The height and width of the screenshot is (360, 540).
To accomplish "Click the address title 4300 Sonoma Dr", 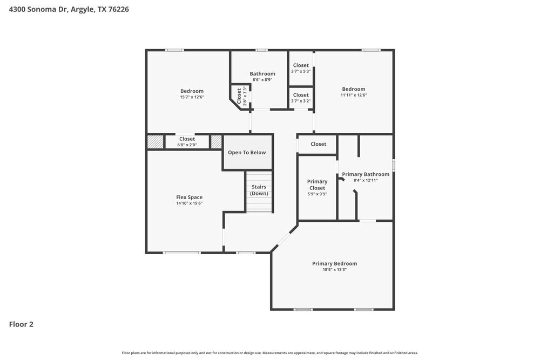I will pos(69,9).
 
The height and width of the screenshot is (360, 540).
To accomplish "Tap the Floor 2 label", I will pos(21,324).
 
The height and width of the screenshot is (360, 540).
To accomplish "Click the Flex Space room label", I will pos(189,198).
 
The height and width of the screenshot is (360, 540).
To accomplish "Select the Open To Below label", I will pos(247,153).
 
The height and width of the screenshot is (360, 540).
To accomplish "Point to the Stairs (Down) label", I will pos(259,190).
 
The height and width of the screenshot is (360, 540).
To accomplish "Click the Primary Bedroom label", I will pos(334,263).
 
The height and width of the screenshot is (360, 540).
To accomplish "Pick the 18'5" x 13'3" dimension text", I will pos(334,269).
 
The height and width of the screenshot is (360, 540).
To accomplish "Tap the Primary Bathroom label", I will pos(366,174).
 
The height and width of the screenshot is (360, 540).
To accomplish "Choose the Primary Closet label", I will pos(317,185).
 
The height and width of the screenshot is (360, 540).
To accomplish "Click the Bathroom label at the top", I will pos(262,73).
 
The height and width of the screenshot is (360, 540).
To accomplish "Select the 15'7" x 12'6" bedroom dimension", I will pos(192,97).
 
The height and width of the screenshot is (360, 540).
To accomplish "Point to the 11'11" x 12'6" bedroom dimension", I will pos(354,95).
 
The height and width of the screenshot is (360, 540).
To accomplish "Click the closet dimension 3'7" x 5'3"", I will pos(301,71).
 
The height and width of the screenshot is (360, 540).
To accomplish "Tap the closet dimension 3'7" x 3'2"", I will pos(301,101).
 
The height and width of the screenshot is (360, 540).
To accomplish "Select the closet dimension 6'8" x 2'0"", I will pos(187,145).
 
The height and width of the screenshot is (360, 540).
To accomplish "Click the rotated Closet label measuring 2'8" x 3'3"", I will pos(239,96).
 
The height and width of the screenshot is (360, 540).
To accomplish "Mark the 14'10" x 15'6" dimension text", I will pos(189,203).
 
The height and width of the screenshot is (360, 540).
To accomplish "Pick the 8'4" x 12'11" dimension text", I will pos(366,180).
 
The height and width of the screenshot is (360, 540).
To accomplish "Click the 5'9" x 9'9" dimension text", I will pos(317,194).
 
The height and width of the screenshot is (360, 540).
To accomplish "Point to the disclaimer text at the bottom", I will pos(270,352).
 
